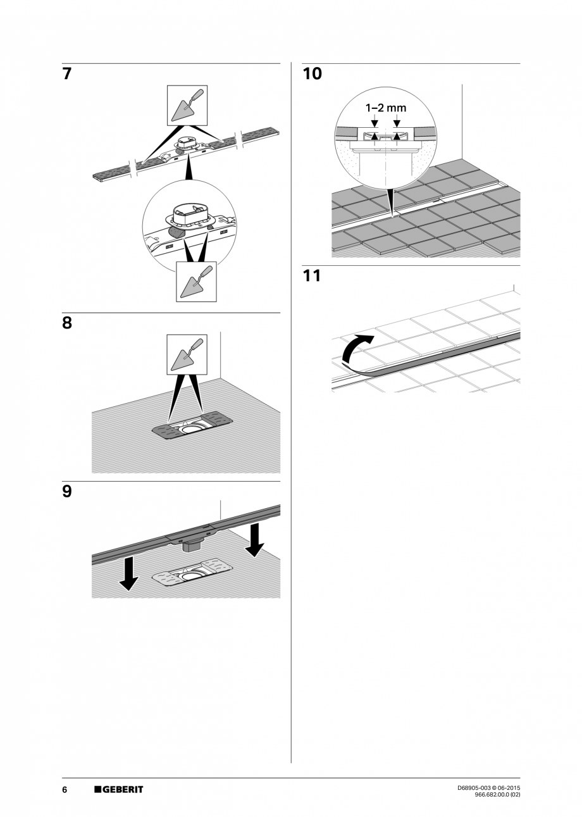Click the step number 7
click(67, 74)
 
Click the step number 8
click(67, 323)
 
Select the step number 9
click(67, 491)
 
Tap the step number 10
click(312, 74)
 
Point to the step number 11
click(312, 276)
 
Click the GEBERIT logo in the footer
click(119, 789)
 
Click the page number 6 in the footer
click(65, 789)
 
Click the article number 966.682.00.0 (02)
click(497, 795)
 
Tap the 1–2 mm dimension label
click(385, 108)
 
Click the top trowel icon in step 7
click(187, 105)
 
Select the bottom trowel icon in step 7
click(195, 281)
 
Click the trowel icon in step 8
click(187, 354)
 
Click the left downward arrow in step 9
click(129, 573)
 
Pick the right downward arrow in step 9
click(255, 539)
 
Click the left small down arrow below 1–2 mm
click(375, 123)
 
